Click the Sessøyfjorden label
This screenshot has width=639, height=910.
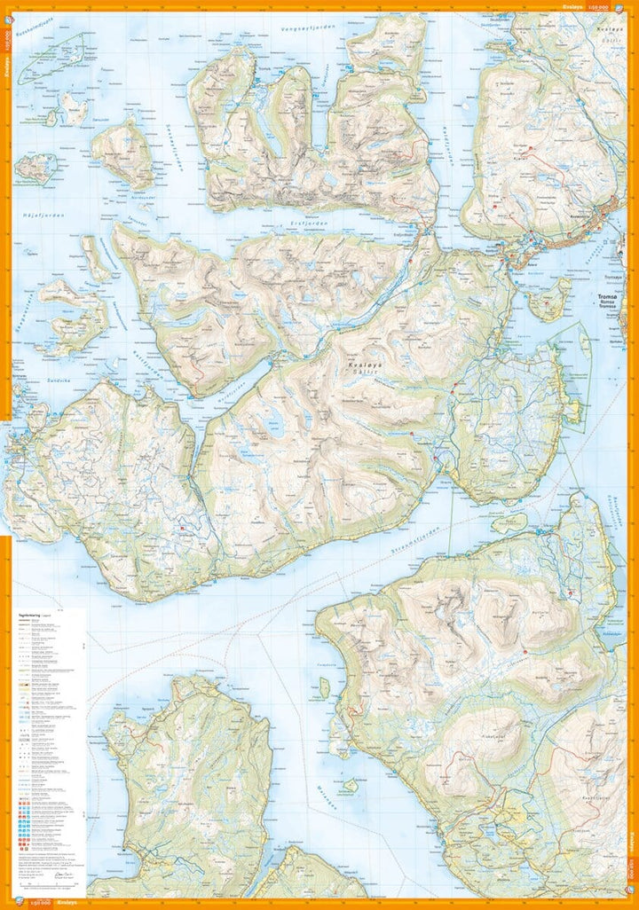[176, 156]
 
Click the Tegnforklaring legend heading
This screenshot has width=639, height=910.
[31, 612]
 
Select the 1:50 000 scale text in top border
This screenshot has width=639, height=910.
[600, 6]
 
